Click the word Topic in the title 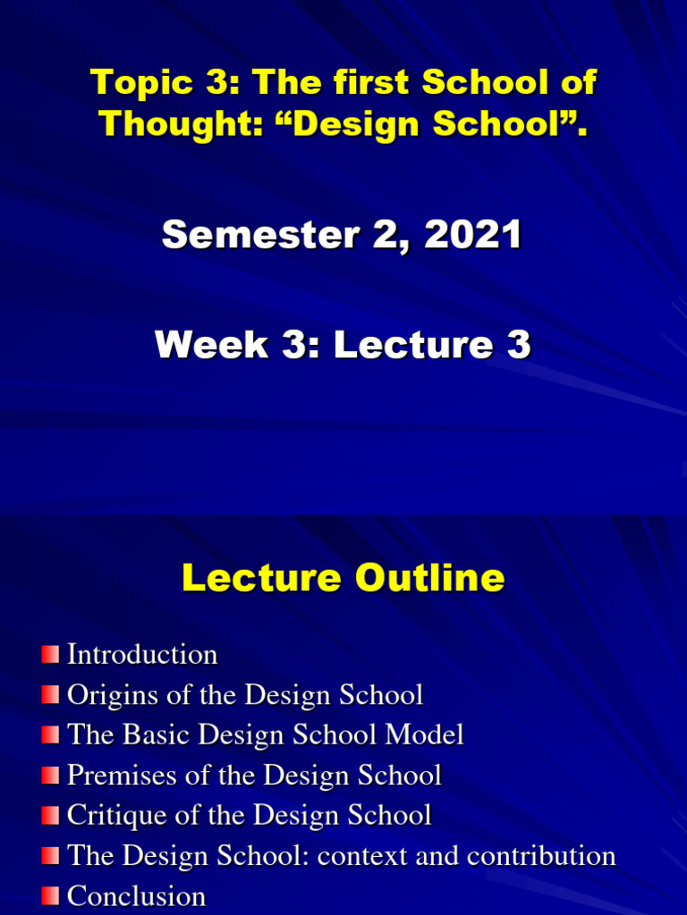[141, 82]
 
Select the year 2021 [472, 234]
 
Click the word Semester [260, 234]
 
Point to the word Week [211, 344]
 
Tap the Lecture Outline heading [343, 578]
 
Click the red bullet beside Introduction [50, 654]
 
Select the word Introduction [142, 654]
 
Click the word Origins [113, 695]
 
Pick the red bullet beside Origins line [50, 694]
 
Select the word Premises [122, 775]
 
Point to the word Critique [117, 815]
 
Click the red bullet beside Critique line [50, 815]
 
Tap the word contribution [541, 855]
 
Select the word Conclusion [136, 895]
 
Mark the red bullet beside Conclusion [50, 895]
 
